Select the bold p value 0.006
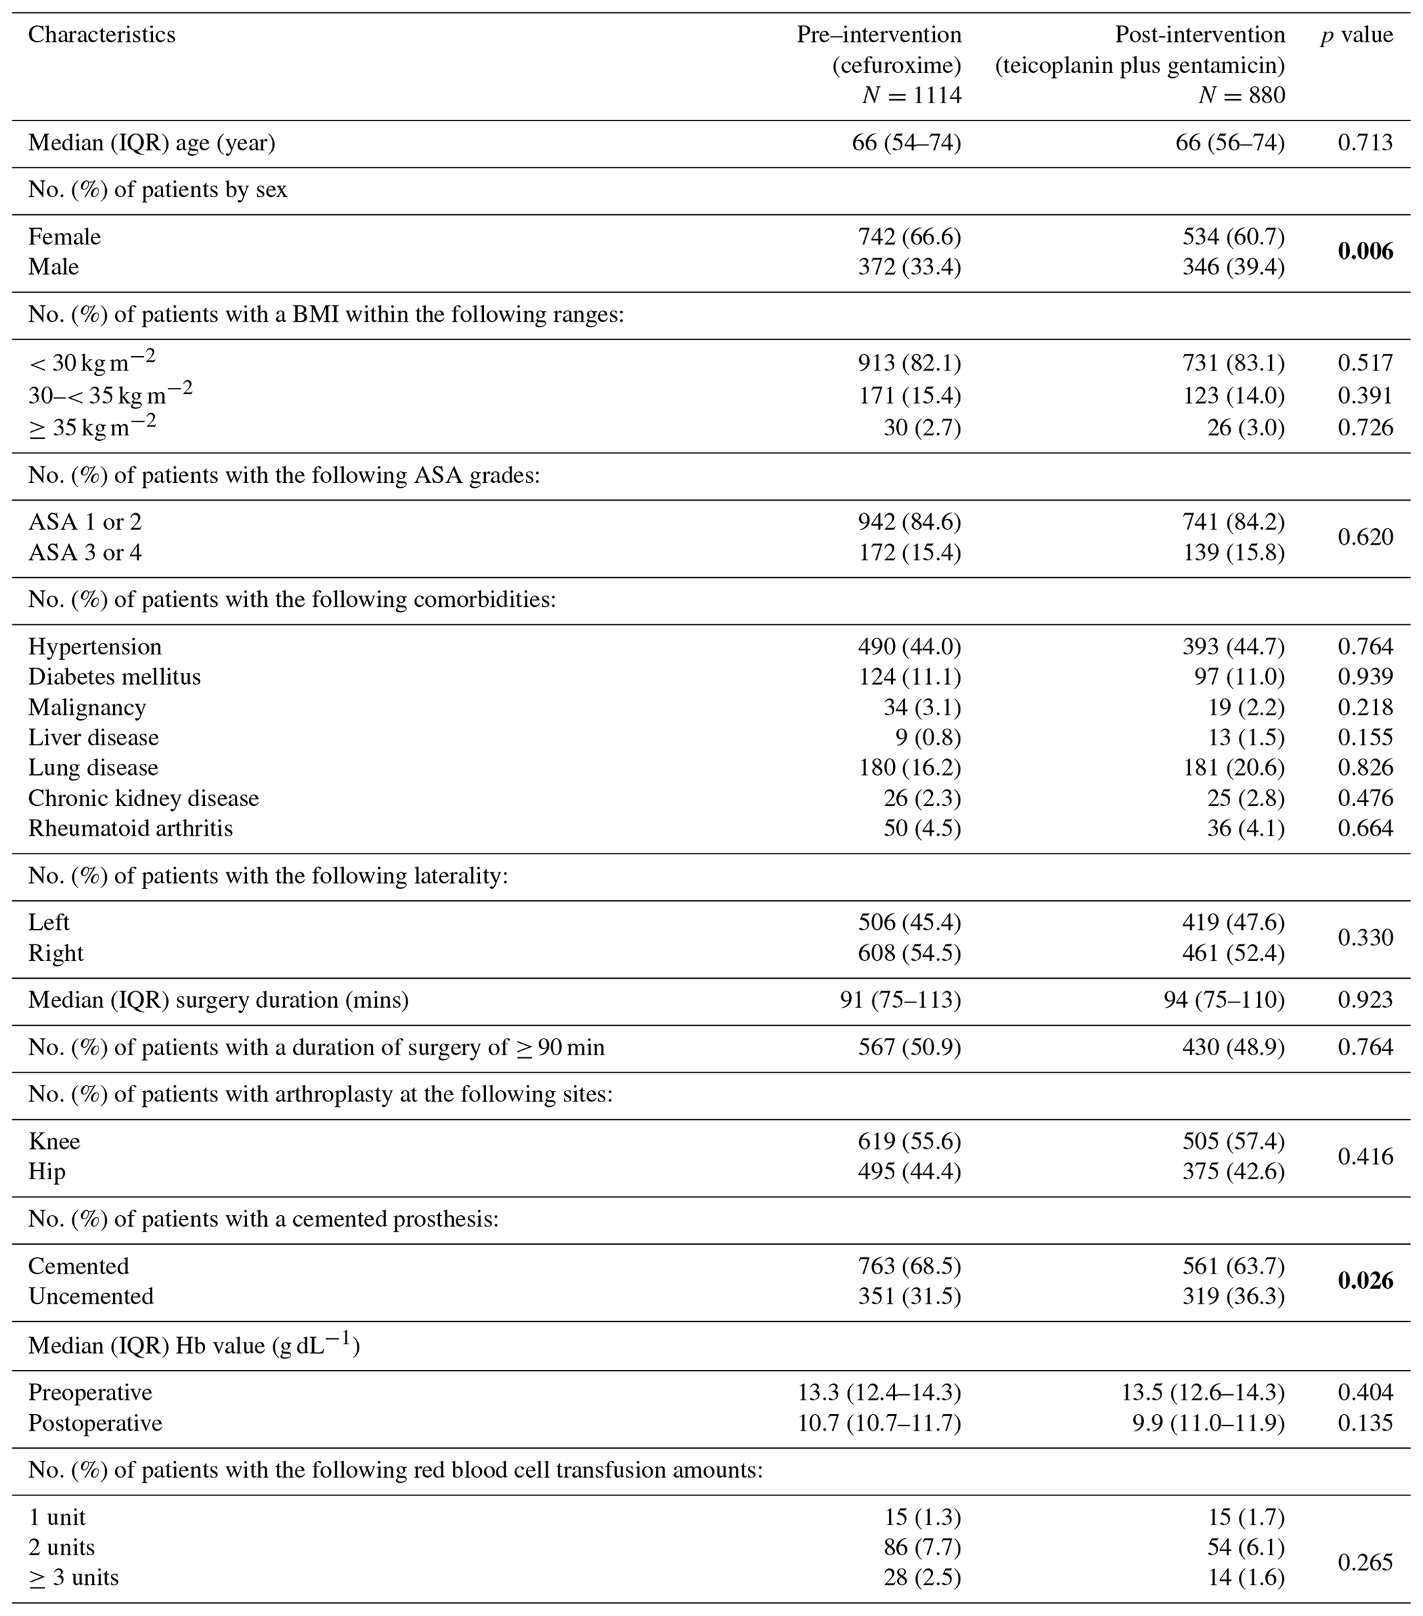[1364, 251]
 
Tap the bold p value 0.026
[1364, 1281]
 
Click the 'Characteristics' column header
[102, 35]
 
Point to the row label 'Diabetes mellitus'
[114, 676]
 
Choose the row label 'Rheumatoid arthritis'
[130, 829]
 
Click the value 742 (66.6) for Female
[909, 236]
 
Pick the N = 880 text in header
[1241, 96]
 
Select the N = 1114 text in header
[911, 96]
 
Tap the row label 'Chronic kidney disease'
[144, 798]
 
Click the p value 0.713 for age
[1364, 143]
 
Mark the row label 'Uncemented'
[91, 1296]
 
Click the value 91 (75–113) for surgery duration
[900, 1000]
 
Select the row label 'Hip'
[47, 1172]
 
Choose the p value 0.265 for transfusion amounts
[1364, 1562]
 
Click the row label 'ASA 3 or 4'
[85, 552]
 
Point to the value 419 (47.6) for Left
[1234, 922]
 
